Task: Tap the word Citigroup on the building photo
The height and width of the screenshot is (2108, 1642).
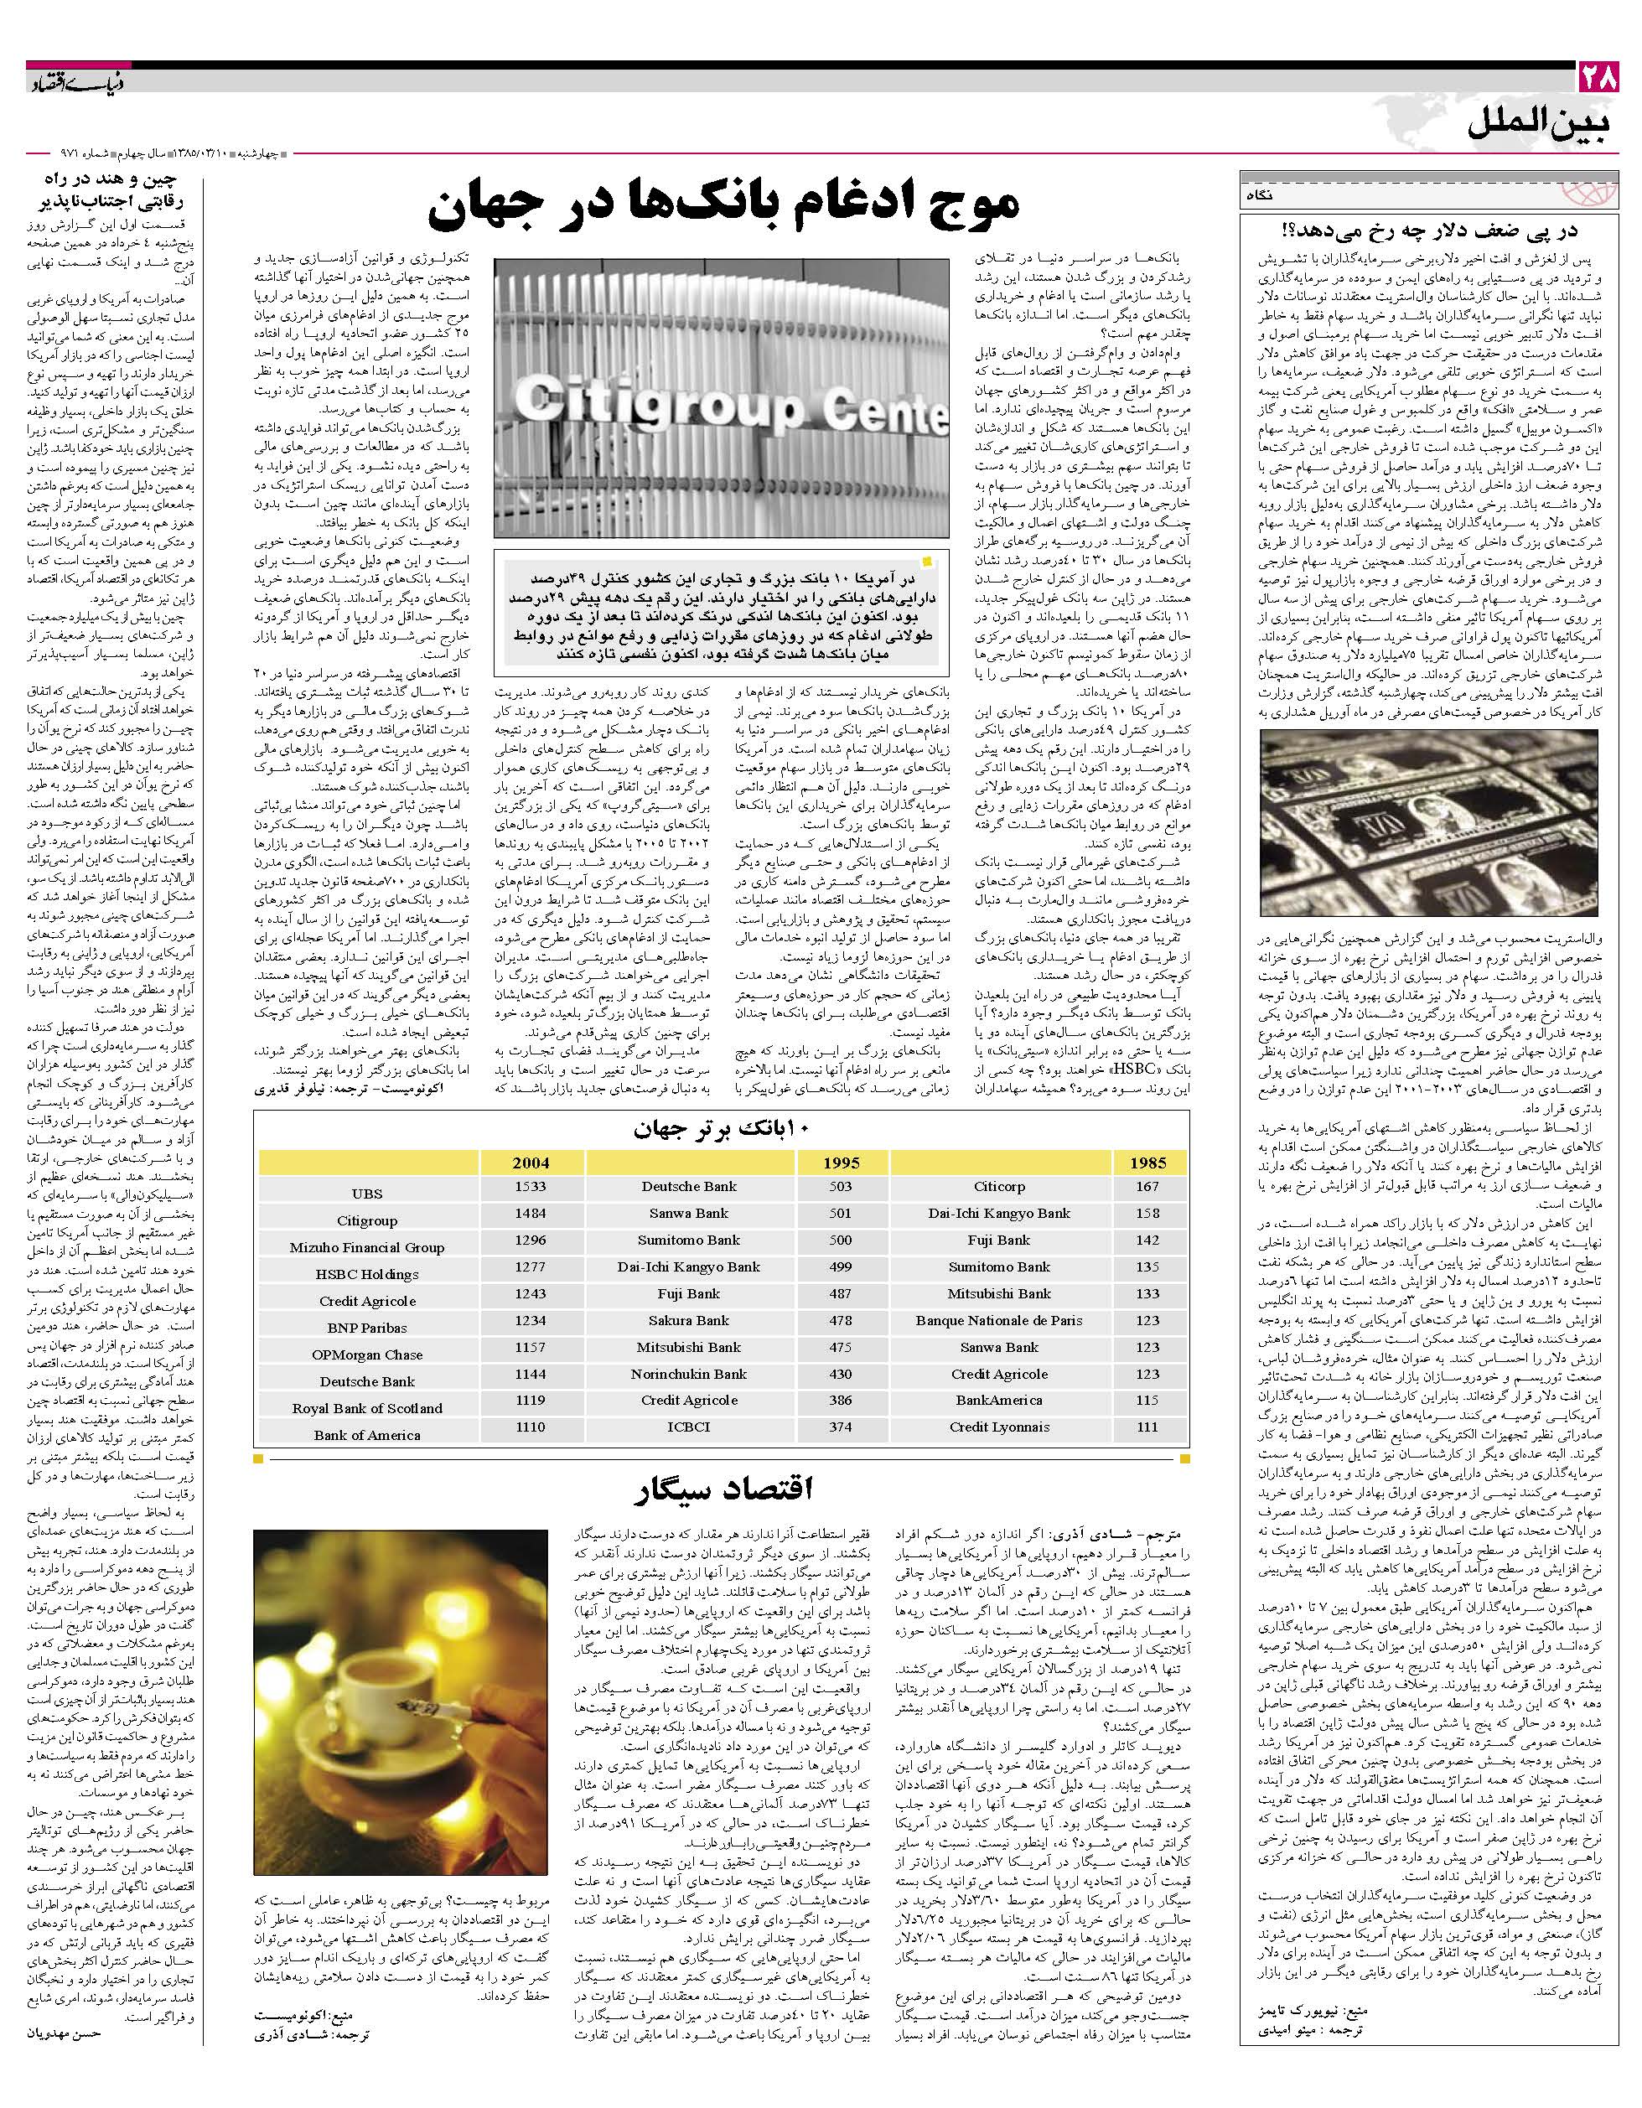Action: pyautogui.click(x=657, y=401)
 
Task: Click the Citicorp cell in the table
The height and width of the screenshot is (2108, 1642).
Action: pyautogui.click(x=999, y=1187)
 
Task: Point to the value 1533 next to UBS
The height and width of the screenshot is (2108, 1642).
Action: pyautogui.click(x=530, y=1187)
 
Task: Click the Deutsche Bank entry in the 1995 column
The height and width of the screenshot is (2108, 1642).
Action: pyautogui.click(x=688, y=1187)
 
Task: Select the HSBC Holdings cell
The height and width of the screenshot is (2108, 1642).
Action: pyautogui.click(x=367, y=1274)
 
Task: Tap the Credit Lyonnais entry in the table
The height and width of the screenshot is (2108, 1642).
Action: pyautogui.click(x=999, y=1427)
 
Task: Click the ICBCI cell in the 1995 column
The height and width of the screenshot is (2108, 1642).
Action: pyautogui.click(x=688, y=1427)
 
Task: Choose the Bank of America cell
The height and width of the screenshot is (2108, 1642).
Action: pyautogui.click(x=367, y=1435)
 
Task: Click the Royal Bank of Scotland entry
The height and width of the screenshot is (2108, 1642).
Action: pyautogui.click(x=367, y=1408)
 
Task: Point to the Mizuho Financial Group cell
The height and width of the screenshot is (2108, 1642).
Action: pyautogui.click(x=367, y=1248)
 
